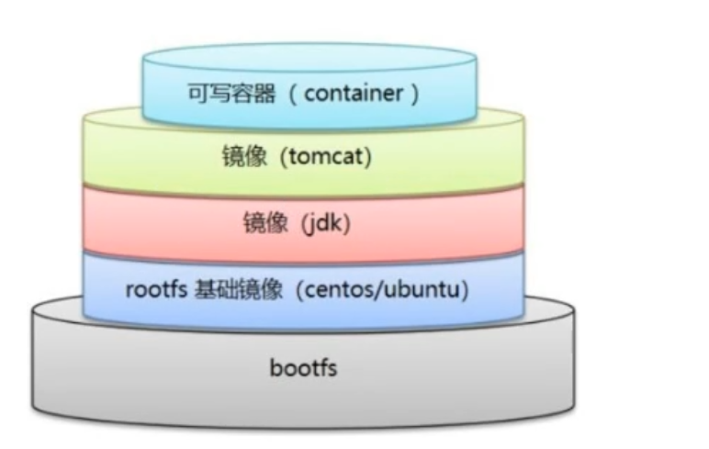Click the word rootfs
coord(155,291)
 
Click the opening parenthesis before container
coord(295,94)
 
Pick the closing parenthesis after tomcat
coord(368,157)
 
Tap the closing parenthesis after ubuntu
coord(467,291)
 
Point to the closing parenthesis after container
coord(414,94)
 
